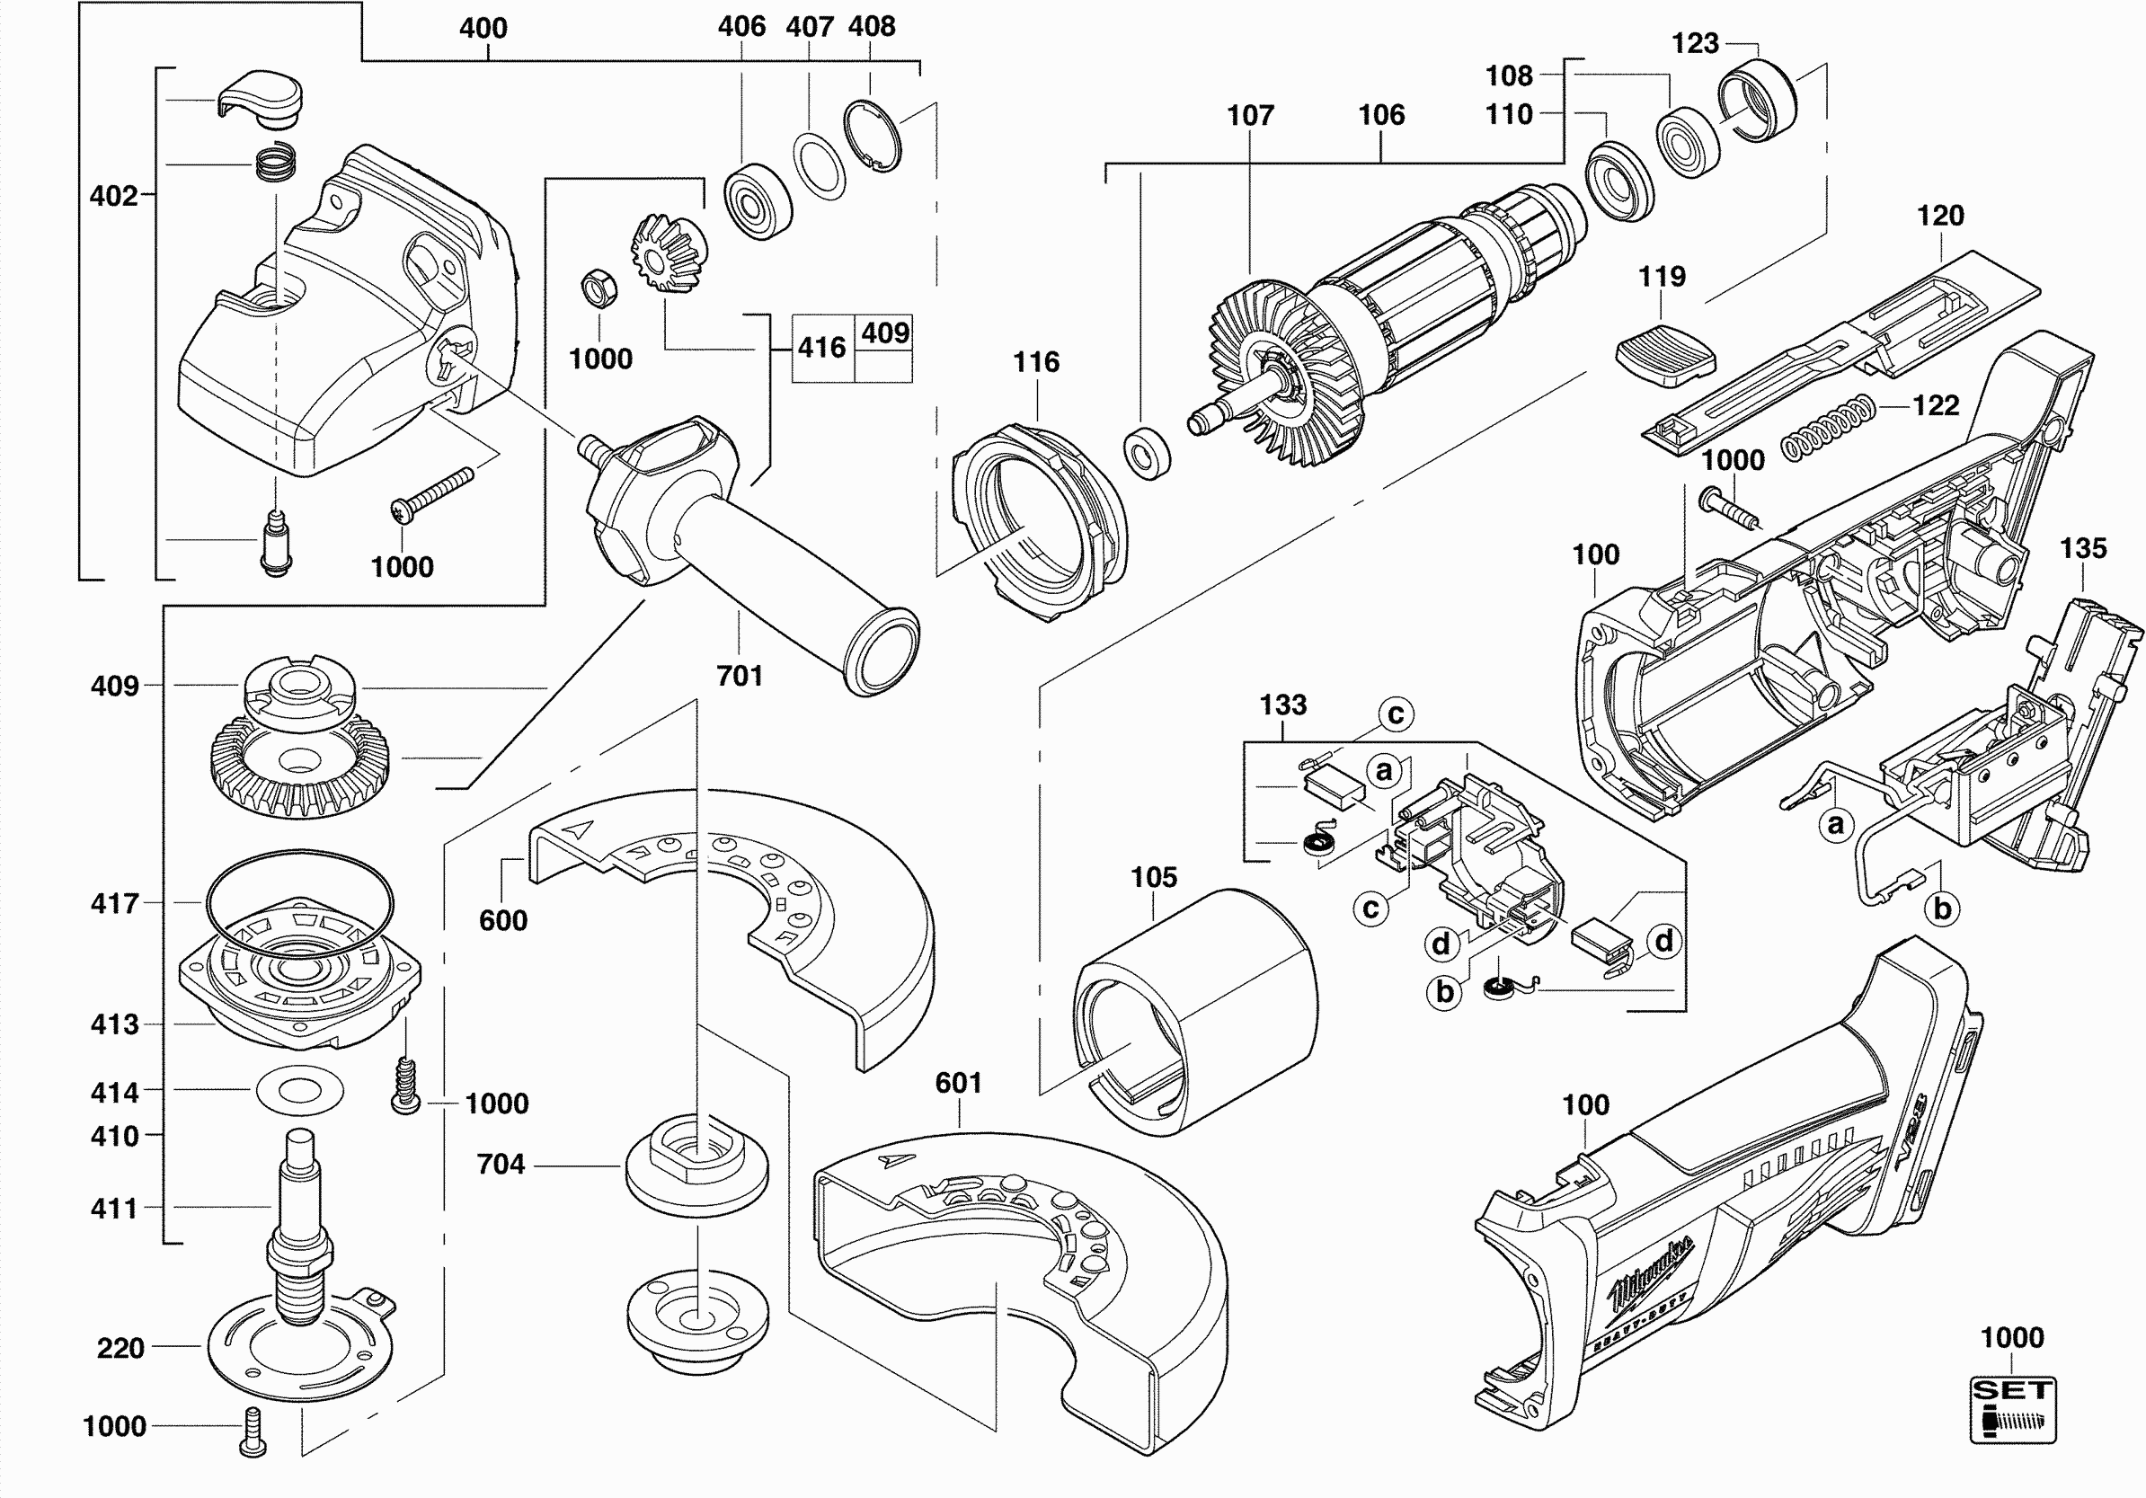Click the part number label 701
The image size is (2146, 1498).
[x=740, y=676]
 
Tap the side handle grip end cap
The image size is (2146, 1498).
[x=882, y=652]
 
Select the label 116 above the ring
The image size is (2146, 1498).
[x=1036, y=362]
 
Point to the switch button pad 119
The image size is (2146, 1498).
[x=1665, y=351]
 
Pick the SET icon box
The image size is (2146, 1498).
[x=2012, y=1410]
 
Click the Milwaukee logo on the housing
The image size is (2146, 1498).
[x=1650, y=1272]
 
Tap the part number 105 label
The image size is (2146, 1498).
[x=1154, y=877]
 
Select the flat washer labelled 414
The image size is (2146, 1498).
[x=300, y=1090]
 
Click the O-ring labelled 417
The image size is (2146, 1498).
[x=299, y=899]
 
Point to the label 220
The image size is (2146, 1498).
[x=120, y=1348]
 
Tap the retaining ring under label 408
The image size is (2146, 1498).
[x=873, y=137]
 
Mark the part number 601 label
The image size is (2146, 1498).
[x=958, y=1083]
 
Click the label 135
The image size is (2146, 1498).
[x=2083, y=548]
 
